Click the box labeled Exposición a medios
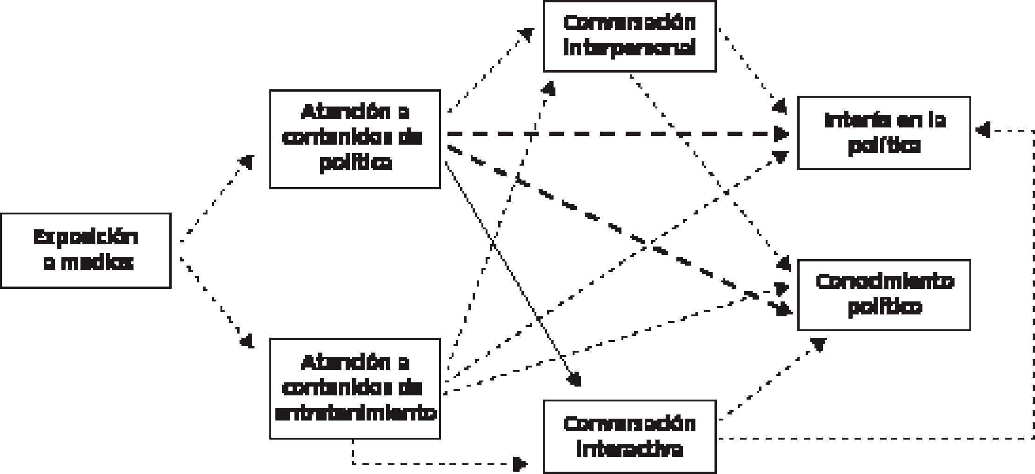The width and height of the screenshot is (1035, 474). (86, 251)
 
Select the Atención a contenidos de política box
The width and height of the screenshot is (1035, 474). (355, 139)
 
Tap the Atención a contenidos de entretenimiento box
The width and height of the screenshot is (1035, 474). (355, 388)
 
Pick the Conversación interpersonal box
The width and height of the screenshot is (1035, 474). (629, 36)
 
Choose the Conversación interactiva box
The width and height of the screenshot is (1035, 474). (629, 436)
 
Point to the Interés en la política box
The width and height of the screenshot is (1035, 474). (884, 133)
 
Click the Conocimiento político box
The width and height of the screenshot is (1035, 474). (884, 295)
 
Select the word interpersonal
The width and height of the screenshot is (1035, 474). (629, 47)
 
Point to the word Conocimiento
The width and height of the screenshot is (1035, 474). (884, 282)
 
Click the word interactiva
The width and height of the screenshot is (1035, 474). (629, 449)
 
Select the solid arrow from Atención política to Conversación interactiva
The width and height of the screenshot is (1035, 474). (512, 274)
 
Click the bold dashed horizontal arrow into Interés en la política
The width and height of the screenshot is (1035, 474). (605, 134)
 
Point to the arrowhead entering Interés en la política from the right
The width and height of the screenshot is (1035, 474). (982, 130)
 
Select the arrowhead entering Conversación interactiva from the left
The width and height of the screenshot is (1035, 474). (520, 463)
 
